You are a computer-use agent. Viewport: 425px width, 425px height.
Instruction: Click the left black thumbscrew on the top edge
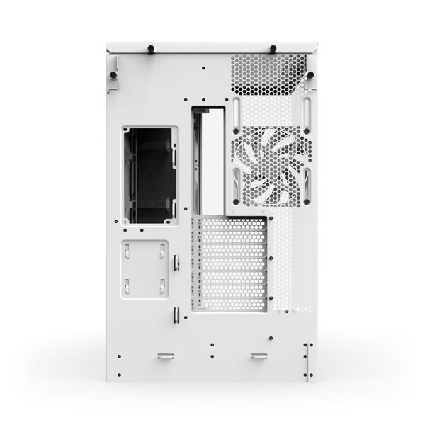point(150,49)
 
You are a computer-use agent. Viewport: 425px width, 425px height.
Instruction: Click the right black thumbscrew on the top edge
point(273,49)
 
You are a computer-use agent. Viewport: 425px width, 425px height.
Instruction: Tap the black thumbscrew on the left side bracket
point(113,73)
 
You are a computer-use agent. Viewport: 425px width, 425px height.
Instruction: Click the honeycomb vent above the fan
point(268,74)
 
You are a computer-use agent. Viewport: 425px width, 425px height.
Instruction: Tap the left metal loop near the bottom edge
point(165,356)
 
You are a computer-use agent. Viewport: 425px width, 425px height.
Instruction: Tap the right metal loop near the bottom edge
point(259,356)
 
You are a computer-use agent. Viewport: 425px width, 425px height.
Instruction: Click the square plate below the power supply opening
point(144,268)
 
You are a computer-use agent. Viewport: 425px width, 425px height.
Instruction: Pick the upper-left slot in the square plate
point(127,250)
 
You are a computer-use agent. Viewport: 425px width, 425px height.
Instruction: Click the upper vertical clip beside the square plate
point(176,262)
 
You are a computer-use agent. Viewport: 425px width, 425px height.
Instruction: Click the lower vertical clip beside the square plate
point(174,317)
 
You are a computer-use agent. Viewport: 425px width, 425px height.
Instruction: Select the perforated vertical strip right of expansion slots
point(291,262)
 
